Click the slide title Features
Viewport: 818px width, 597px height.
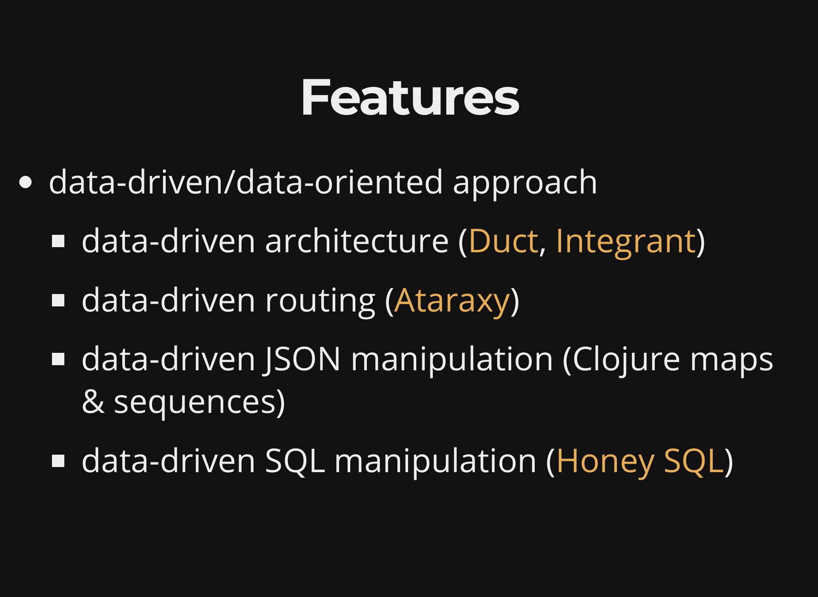(410, 98)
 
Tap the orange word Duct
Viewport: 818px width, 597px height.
(503, 241)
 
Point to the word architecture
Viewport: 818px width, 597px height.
(357, 241)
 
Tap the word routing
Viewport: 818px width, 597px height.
(320, 302)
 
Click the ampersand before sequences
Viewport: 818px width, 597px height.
(93, 401)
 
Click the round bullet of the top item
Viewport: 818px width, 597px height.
(26, 182)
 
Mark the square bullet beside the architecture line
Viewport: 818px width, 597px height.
(58, 242)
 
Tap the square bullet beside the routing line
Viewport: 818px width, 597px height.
(58, 300)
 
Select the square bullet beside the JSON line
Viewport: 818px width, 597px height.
(58, 359)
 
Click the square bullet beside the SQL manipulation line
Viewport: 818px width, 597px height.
(58, 461)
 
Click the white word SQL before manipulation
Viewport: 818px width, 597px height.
(295, 461)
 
